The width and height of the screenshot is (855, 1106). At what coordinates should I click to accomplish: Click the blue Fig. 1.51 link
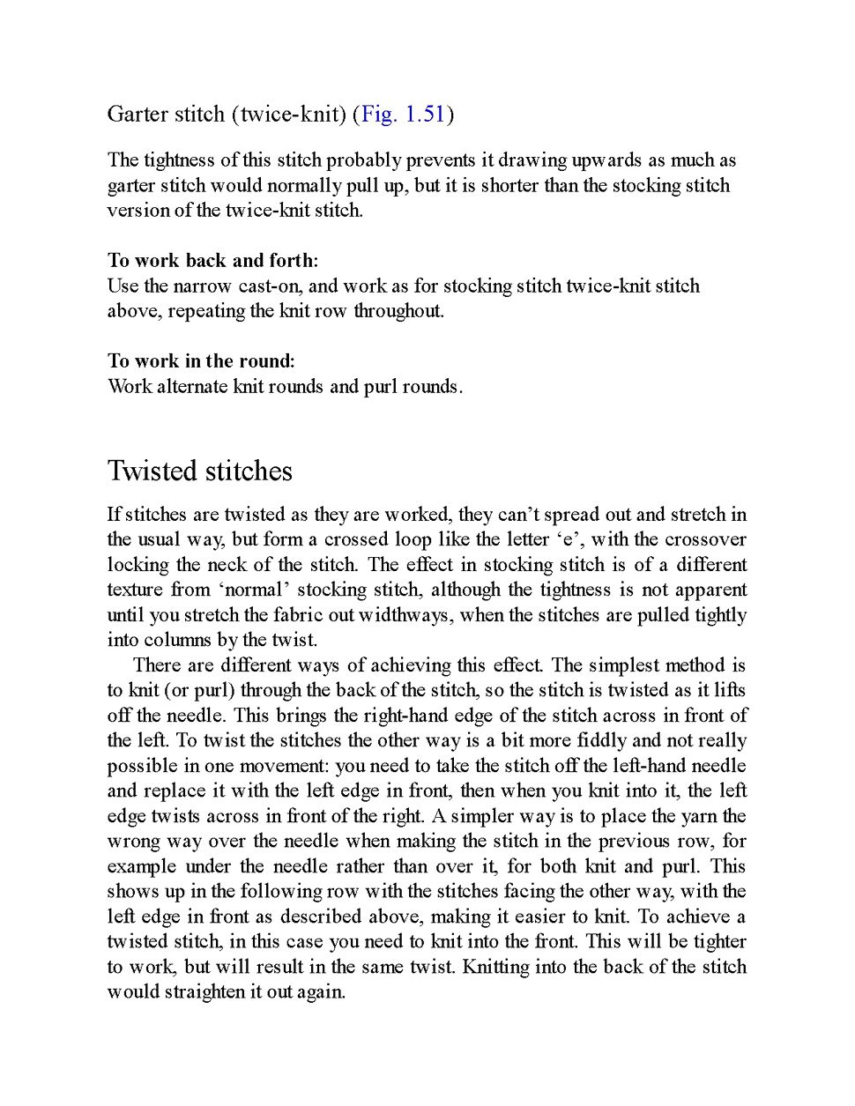pyautogui.click(x=403, y=114)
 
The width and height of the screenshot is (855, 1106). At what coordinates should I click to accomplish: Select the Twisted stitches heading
pyautogui.click(x=199, y=471)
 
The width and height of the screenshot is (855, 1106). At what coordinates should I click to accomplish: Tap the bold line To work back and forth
pyautogui.click(x=212, y=260)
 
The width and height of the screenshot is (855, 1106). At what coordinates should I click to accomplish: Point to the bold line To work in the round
pyautogui.click(x=201, y=360)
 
